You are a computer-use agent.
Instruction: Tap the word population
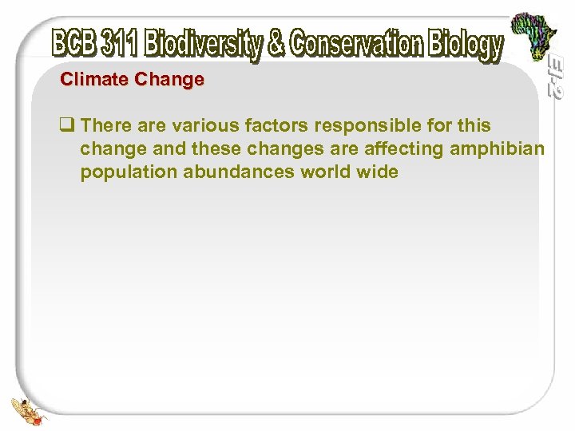tap(129, 172)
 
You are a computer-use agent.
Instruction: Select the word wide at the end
tap(377, 172)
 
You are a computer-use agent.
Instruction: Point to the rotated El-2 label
tap(556, 78)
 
